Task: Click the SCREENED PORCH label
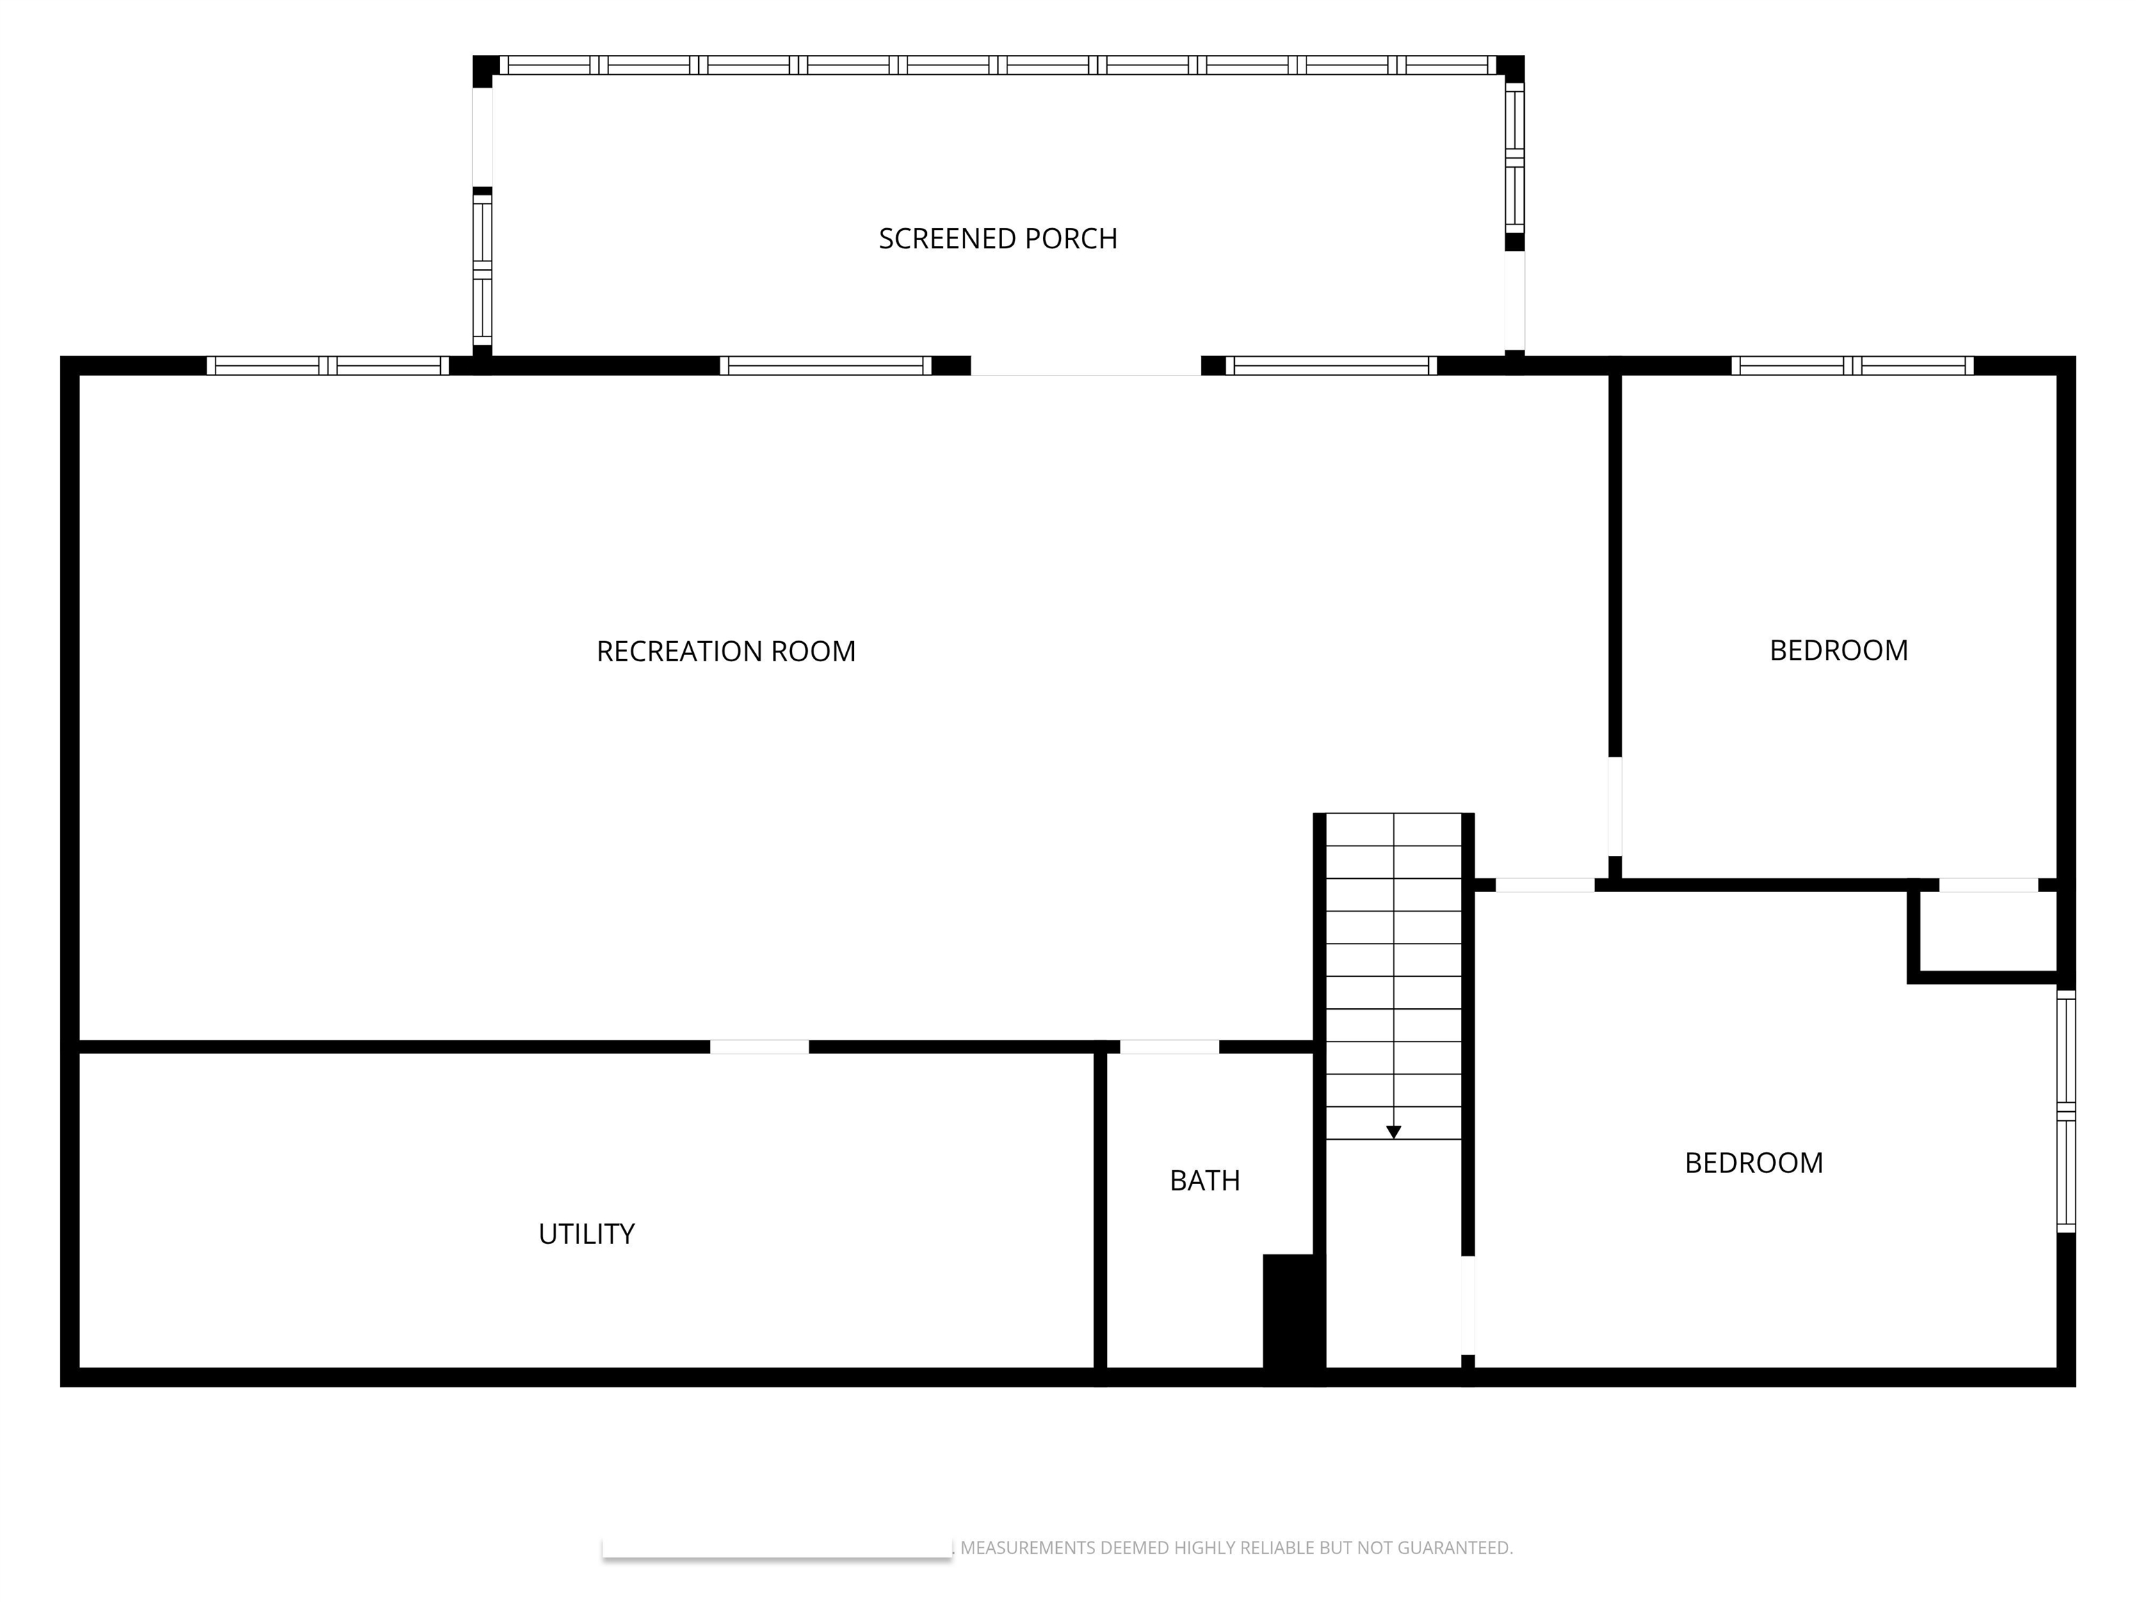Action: tap(998, 238)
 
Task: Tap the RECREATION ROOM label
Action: tap(726, 652)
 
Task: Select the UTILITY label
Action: tap(586, 1234)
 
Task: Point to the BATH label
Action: tap(1204, 1180)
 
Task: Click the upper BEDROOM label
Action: tap(1838, 651)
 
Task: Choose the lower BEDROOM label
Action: tap(1754, 1163)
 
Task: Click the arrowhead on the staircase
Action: tap(1393, 1132)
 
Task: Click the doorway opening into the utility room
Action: tap(759, 1046)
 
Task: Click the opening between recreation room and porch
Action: tap(1085, 366)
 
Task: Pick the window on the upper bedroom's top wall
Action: tap(1852, 366)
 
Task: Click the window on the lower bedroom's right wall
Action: tap(2066, 1110)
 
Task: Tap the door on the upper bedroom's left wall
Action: tap(1615, 807)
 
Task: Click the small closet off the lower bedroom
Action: tap(1987, 931)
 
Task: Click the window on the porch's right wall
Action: tap(1514, 157)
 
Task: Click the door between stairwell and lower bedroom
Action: tap(1468, 1304)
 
